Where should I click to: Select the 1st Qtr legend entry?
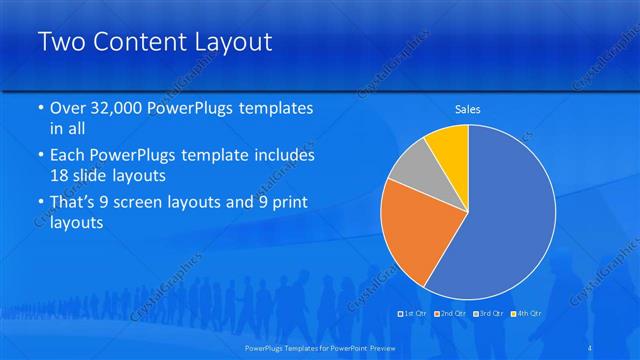415,314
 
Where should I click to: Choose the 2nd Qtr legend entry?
451,314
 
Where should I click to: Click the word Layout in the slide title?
228,43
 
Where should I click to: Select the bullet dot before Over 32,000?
40,109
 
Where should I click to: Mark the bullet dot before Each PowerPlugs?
40,156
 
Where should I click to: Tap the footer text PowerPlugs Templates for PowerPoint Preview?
320,347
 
